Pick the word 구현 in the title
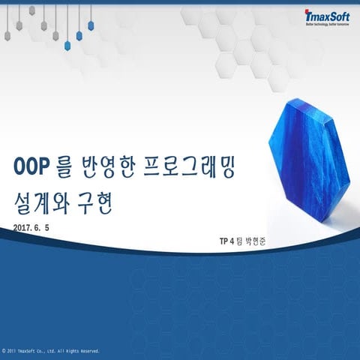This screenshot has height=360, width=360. pyautogui.click(x=93, y=202)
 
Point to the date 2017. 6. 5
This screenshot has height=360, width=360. pyautogui.click(x=36, y=226)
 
